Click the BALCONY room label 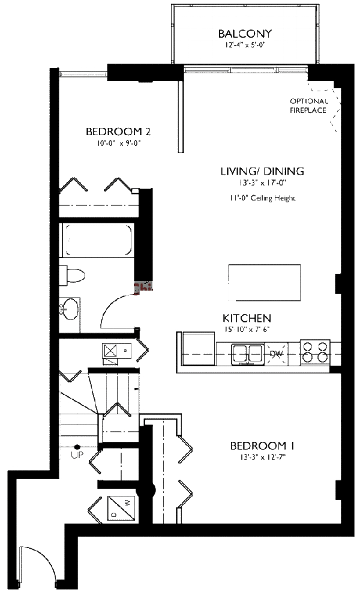click(245, 34)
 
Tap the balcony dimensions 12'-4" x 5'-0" click(245, 45)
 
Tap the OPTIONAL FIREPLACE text click(308, 106)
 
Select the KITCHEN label click(247, 318)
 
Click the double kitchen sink click(247, 353)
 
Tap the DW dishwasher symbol click(276, 354)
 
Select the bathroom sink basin click(71, 309)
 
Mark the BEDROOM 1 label click(262, 446)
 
